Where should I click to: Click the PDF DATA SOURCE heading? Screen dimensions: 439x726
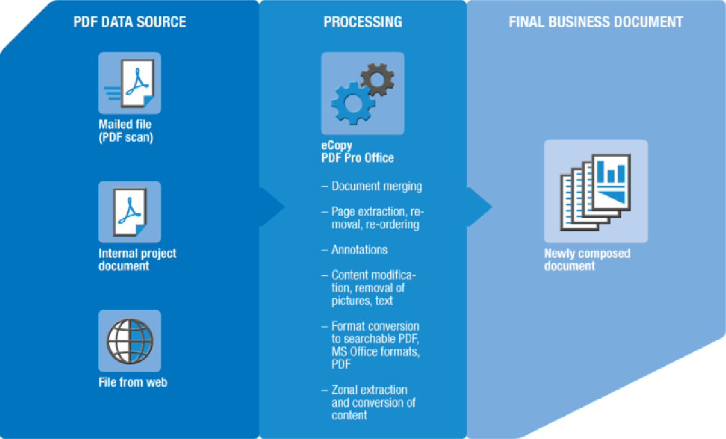pyautogui.click(x=130, y=22)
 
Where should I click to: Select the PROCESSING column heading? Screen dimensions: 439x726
pyautogui.click(x=363, y=22)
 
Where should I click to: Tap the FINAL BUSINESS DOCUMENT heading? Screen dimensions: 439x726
pyautogui.click(x=596, y=22)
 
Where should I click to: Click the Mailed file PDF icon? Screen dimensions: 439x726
pyautogui.click(x=130, y=83)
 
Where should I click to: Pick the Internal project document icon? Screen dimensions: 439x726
pyautogui.click(x=130, y=212)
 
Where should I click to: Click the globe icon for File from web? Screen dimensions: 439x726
pyautogui.click(x=130, y=340)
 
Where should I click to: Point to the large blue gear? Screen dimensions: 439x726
pyautogui.click(x=353, y=103)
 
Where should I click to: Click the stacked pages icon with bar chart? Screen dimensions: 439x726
pyautogui.click(x=596, y=191)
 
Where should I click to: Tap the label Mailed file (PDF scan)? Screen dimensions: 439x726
pyautogui.click(x=126, y=131)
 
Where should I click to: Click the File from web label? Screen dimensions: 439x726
pyautogui.click(x=133, y=382)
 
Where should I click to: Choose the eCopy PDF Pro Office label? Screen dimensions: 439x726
pyautogui.click(x=357, y=152)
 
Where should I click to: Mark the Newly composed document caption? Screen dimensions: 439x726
pyautogui.click(x=587, y=259)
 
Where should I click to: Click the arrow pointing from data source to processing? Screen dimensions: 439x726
pyautogui.click(x=272, y=208)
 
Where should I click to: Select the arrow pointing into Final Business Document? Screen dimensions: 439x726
pyautogui.click(x=480, y=208)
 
